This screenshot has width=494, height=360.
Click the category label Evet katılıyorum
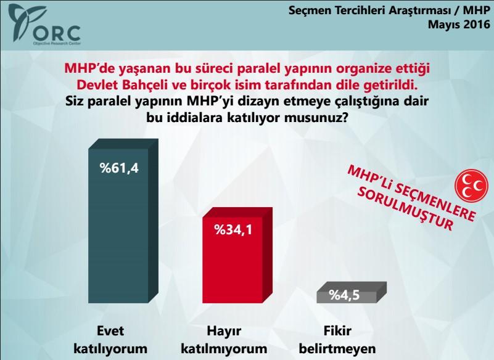tap(111, 339)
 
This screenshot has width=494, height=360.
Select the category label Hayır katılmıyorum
tap(231, 339)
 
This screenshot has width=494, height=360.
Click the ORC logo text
tap(58, 31)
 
